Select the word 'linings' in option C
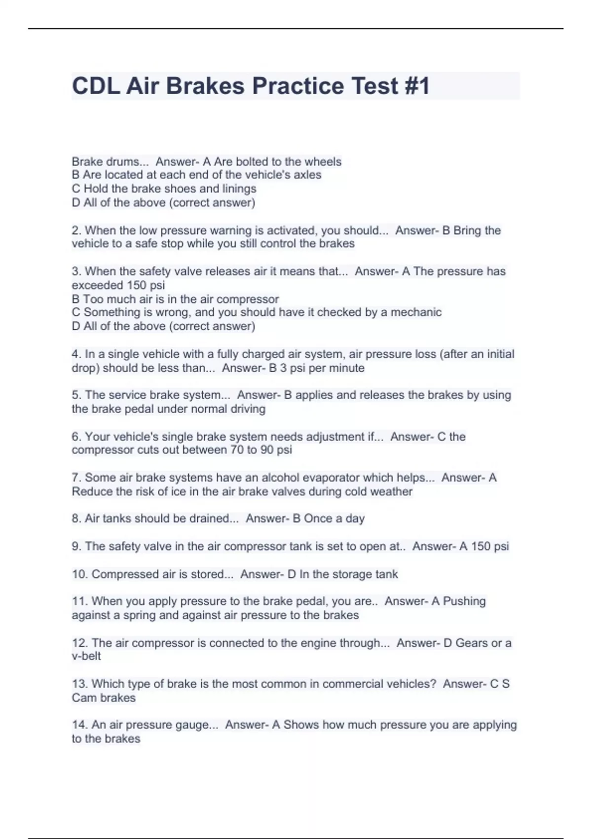239,189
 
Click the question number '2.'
76,230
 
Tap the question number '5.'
76,395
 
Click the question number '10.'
80,574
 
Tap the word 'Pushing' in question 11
464,602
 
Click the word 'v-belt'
86,656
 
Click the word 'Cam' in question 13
82,698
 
